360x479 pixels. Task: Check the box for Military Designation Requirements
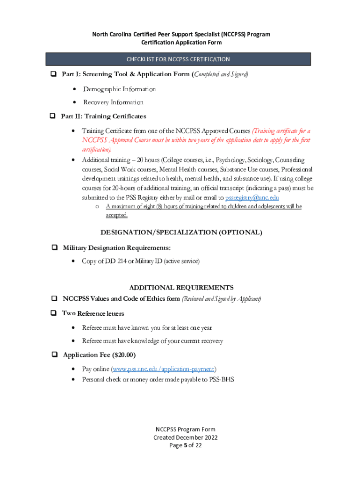pyautogui.click(x=54, y=247)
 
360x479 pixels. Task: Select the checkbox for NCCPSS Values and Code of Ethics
pyautogui.click(x=54, y=298)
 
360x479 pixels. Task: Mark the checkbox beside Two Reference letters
pyautogui.click(x=54, y=313)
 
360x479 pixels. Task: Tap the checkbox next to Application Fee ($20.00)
pyautogui.click(x=54, y=355)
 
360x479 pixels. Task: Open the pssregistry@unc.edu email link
pyautogui.click(x=252, y=197)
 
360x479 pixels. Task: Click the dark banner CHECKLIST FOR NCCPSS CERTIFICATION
pyautogui.click(x=178, y=59)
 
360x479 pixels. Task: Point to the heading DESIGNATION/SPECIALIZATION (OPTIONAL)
pyautogui.click(x=181, y=232)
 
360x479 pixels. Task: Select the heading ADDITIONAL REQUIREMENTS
pyautogui.click(x=181, y=288)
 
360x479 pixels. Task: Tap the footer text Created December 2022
pyautogui.click(x=186, y=437)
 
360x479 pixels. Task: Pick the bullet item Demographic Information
pyautogui.click(x=119, y=89)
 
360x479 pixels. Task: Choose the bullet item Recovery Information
pyautogui.click(x=113, y=102)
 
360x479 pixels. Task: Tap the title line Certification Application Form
pyautogui.click(x=181, y=43)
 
